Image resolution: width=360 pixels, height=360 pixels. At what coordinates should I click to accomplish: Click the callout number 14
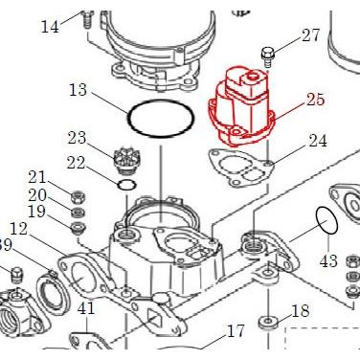[x=50, y=25]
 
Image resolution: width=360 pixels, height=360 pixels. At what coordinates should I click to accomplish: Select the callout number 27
[x=311, y=36]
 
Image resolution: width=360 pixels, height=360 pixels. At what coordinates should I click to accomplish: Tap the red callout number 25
[x=316, y=99]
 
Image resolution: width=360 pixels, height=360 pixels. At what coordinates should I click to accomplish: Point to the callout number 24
[x=317, y=141]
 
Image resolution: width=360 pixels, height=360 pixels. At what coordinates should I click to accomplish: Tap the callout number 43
[x=328, y=260]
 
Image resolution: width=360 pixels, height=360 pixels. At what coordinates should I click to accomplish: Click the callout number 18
[x=300, y=310]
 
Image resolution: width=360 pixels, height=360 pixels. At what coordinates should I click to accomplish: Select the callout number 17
[x=236, y=332]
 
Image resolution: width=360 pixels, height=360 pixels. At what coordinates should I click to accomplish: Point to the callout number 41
[x=86, y=308]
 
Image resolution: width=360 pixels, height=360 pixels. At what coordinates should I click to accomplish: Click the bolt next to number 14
[x=87, y=16]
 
